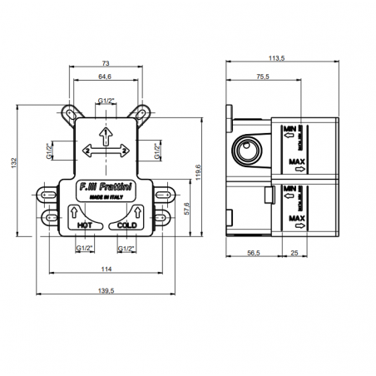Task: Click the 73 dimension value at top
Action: (104, 62)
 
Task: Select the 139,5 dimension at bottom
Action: (106, 290)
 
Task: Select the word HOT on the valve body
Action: (84, 225)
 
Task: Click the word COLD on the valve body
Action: (127, 225)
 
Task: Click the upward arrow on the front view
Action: (106, 133)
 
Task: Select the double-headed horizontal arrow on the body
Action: (106, 151)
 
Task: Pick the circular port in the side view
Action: (247, 151)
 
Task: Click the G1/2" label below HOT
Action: (84, 248)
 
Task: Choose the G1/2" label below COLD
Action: (127, 248)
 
